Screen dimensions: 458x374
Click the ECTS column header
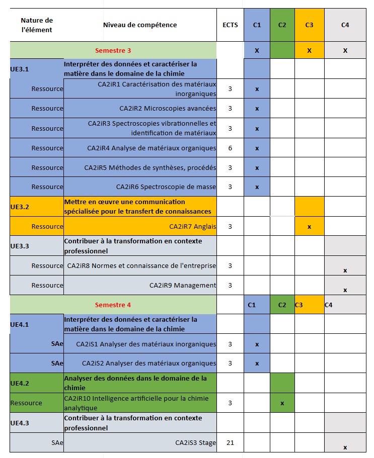[230, 25]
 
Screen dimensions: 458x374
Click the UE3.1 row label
[20, 69]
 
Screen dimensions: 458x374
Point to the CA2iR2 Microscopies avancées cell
[168, 108]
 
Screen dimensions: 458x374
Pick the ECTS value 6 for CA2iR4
[230, 148]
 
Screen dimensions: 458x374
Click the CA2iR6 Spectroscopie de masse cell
[166, 187]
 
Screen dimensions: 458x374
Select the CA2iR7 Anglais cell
[193, 226]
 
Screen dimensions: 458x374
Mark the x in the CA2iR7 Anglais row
[309, 227]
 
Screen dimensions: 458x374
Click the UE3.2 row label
[20, 206]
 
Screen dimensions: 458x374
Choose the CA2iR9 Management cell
[183, 285]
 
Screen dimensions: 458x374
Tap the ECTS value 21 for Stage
[230, 442]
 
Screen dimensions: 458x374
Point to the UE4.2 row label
[20, 383]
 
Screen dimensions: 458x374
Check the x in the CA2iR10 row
[282, 403]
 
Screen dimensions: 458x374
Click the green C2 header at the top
[282, 25]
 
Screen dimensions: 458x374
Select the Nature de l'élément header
[37, 25]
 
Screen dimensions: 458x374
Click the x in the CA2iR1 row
[257, 89]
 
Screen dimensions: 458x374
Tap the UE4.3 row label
[20, 423]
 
